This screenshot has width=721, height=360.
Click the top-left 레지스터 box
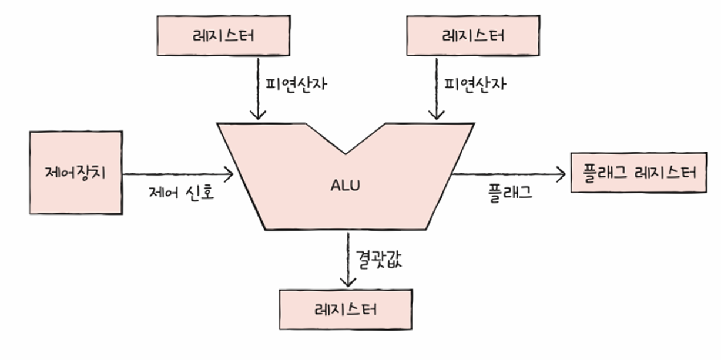coord(223,35)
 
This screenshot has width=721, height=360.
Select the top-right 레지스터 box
coord(473,35)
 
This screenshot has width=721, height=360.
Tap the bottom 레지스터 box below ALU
coord(346,309)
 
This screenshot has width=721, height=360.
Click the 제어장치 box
coord(76,172)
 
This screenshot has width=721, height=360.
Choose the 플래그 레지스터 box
coord(639,172)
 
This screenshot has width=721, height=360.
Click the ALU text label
coord(346,186)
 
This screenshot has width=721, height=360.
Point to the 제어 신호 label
coord(181,193)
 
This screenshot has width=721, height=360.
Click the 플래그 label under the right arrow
coord(510,193)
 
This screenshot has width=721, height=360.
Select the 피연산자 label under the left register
coord(296,83)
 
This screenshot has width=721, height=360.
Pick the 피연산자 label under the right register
coord(475,83)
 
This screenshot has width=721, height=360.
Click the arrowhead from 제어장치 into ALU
coord(230,173)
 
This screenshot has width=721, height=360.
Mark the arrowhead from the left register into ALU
coord(257,115)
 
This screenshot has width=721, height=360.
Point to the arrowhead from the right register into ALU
coord(436,115)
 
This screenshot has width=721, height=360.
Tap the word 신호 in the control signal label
coord(200,193)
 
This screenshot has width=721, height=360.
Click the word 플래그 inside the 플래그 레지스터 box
coord(603,172)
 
